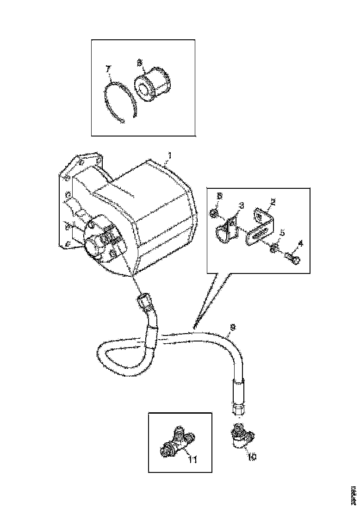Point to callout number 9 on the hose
(x=233, y=327)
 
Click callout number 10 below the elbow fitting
(x=251, y=456)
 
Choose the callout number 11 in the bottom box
(x=192, y=459)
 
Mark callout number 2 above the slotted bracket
(x=273, y=202)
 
